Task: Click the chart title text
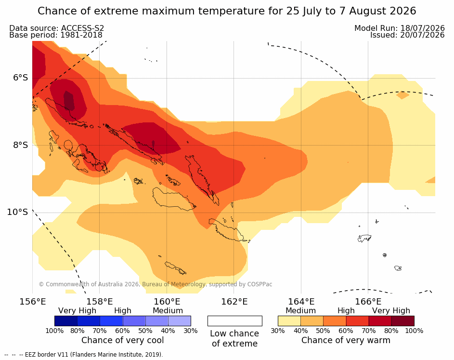227,11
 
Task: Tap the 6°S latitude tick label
21,78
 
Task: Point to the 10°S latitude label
18,212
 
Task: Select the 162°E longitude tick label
234,302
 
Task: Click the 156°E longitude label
32,302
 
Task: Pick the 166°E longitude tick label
368,302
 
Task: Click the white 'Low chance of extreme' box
235,321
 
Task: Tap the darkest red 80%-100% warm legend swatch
403,321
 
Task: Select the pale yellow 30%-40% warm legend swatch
289,321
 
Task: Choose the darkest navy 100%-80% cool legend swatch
66,321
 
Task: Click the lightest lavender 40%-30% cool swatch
180,321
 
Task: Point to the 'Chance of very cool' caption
122,340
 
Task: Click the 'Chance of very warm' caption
346,340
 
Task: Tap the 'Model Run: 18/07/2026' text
400,28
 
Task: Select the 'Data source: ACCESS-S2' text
56,28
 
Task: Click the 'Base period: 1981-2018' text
55,35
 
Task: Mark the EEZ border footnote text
84,355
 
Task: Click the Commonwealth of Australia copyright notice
156,284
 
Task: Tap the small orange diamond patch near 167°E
402,95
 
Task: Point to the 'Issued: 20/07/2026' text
407,35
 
